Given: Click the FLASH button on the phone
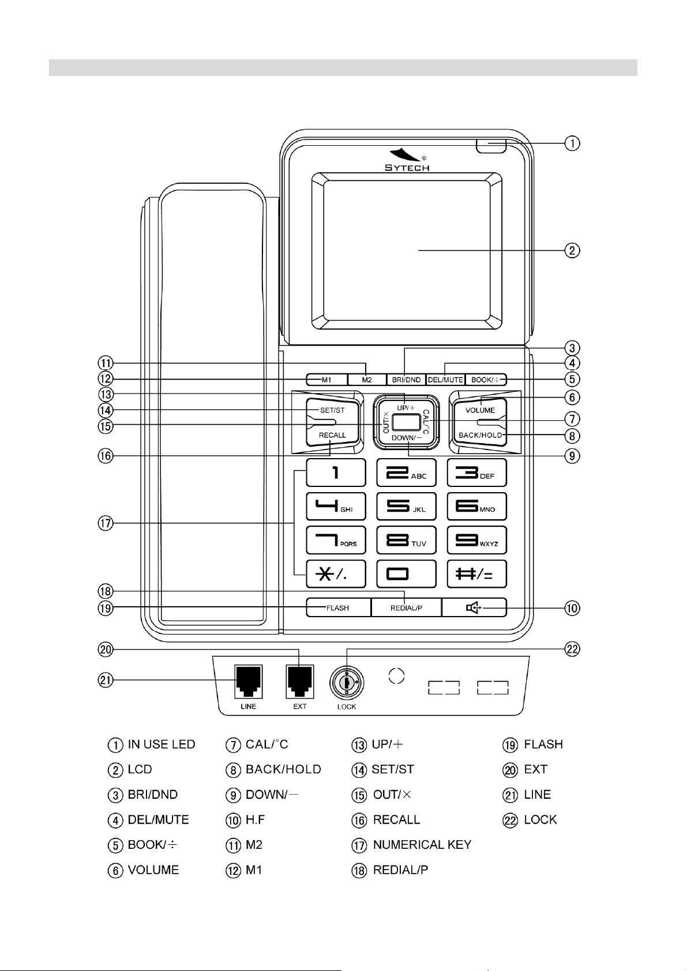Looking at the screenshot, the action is [339, 607].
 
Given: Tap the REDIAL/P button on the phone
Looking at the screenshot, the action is [406, 607].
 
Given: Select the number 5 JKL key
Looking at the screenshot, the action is [406, 507].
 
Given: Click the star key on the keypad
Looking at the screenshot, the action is [336, 574].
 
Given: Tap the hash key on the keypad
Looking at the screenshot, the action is [477, 574].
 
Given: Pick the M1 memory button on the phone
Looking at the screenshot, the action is [327, 380].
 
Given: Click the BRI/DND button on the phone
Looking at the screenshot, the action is [406, 380].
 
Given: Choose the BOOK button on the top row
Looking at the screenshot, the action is [486, 380].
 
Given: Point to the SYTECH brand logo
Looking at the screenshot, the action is [407, 160].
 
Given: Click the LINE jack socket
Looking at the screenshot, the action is [248, 682].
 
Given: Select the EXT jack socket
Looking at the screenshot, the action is [299, 682].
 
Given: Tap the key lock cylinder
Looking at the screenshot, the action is [347, 683].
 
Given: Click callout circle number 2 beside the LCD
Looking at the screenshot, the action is [572, 250].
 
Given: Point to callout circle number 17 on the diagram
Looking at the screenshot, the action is [106, 523].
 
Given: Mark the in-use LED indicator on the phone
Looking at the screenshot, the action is [491, 146].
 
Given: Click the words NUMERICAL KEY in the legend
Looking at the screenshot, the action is [422, 844].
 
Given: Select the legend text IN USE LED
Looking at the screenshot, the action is [162, 745].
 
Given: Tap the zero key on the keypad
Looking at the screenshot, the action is [406, 574].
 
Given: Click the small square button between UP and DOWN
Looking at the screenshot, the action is [406, 422].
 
